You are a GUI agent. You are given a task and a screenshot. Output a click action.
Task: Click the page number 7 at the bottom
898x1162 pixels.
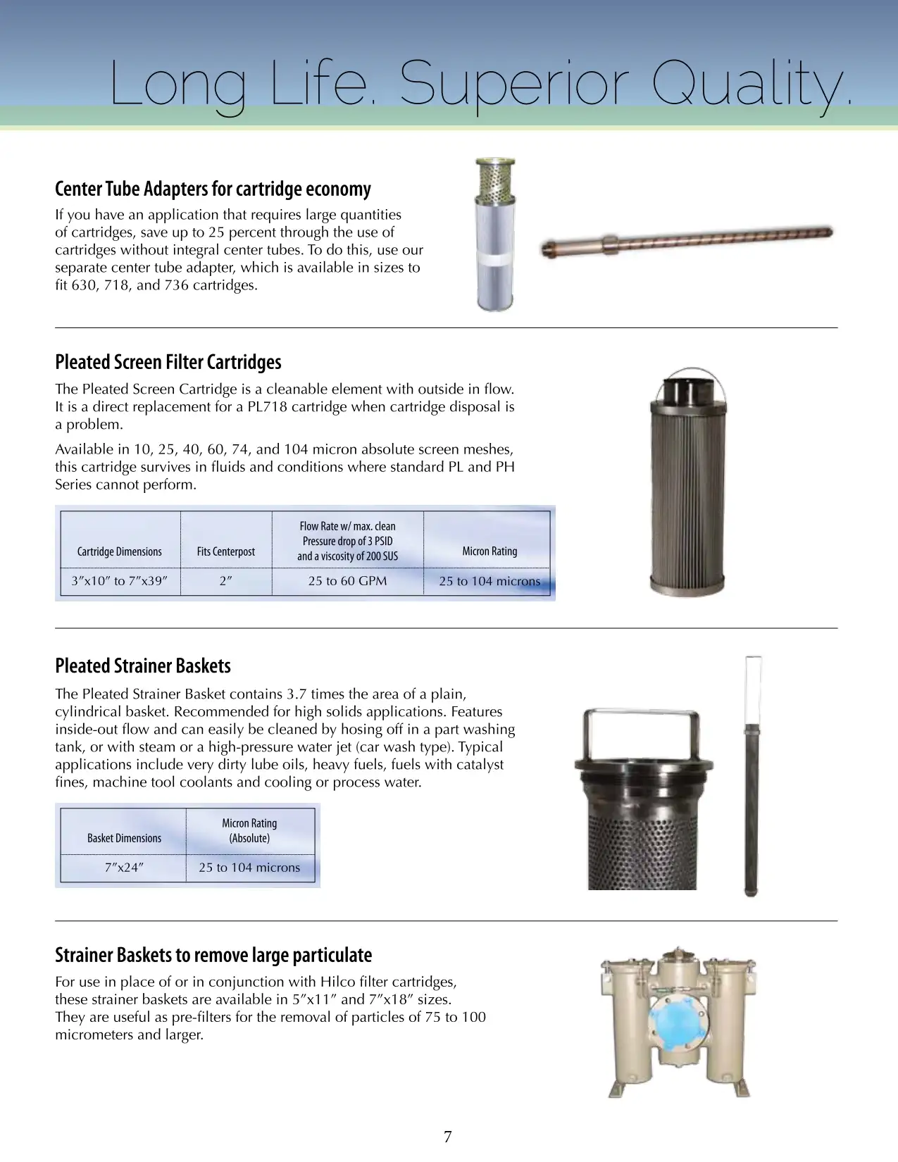(x=448, y=1137)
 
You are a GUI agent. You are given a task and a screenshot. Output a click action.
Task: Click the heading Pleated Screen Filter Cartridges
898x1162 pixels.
(x=168, y=362)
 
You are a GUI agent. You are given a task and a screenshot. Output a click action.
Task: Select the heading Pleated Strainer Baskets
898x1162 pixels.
(x=143, y=666)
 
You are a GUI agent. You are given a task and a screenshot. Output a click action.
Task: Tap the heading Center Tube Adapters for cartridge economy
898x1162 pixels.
(x=213, y=189)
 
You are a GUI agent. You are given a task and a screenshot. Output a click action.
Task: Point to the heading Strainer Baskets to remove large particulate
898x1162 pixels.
(x=213, y=955)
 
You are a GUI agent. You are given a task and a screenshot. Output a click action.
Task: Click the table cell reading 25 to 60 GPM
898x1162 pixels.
(x=347, y=581)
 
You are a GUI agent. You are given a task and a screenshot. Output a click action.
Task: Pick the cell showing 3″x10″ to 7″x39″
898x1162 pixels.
(x=120, y=581)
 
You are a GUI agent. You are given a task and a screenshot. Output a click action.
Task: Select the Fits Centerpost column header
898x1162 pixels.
(x=226, y=551)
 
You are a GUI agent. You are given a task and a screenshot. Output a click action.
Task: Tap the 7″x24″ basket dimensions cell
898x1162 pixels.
(x=124, y=868)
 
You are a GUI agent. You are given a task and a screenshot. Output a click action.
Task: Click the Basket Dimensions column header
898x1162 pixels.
(x=124, y=838)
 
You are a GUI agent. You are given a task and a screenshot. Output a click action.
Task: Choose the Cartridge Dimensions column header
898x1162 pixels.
(x=120, y=551)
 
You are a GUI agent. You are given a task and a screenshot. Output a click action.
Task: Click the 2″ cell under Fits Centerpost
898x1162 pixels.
(x=226, y=581)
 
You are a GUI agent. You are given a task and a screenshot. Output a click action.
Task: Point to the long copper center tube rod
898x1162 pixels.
(x=687, y=239)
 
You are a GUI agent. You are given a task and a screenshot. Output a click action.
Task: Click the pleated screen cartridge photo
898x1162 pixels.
(x=688, y=486)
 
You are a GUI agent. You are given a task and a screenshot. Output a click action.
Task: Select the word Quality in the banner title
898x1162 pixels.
(x=750, y=85)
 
